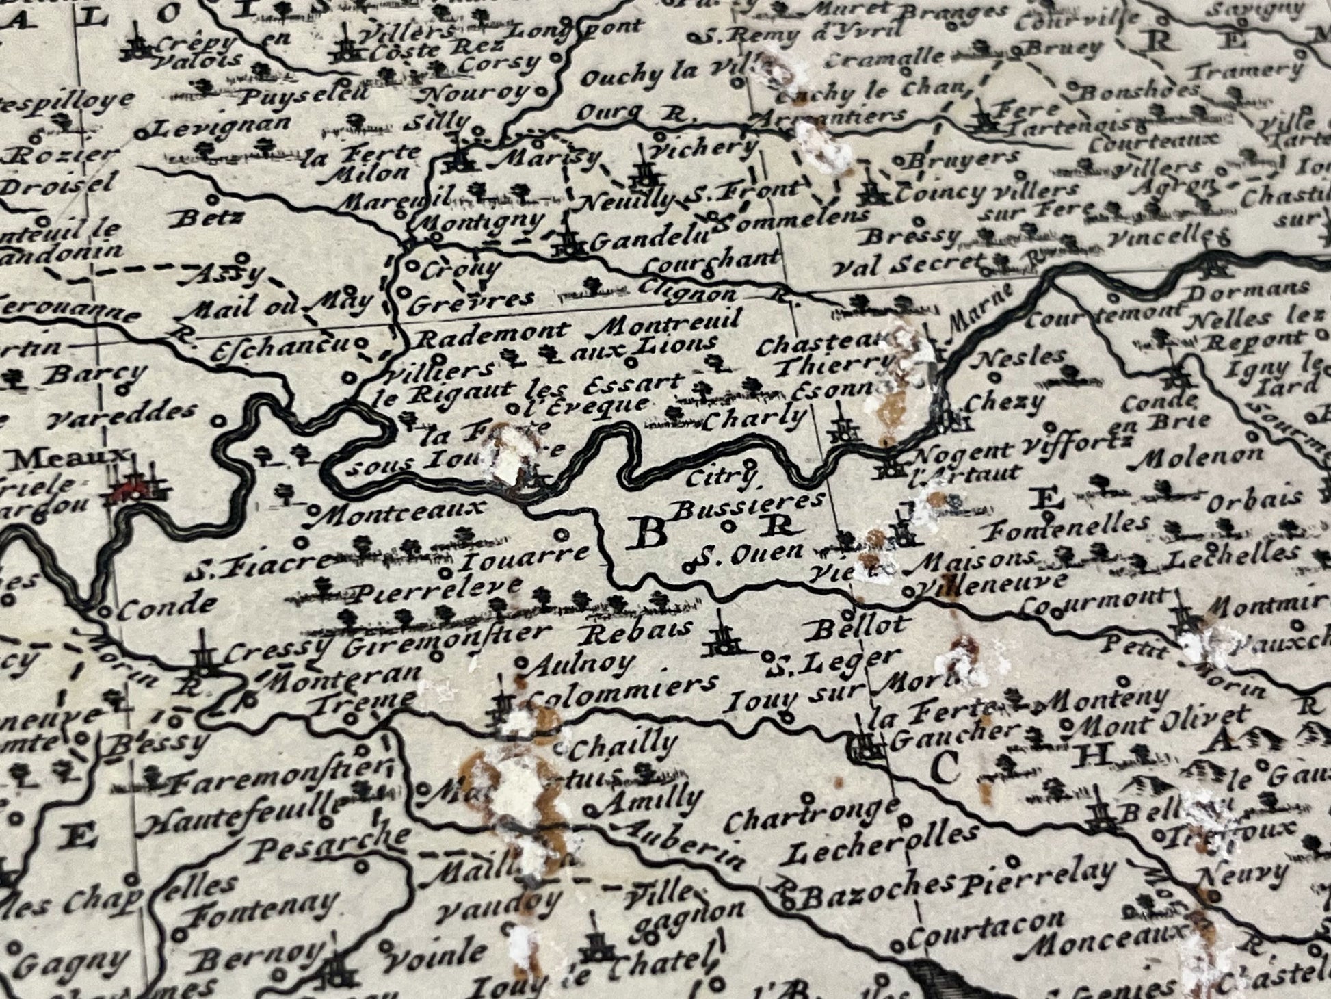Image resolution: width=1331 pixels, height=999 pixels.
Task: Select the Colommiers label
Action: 624,686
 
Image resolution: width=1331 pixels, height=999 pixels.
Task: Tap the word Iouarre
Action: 526,559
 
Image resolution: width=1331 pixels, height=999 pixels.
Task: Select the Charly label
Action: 755,417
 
